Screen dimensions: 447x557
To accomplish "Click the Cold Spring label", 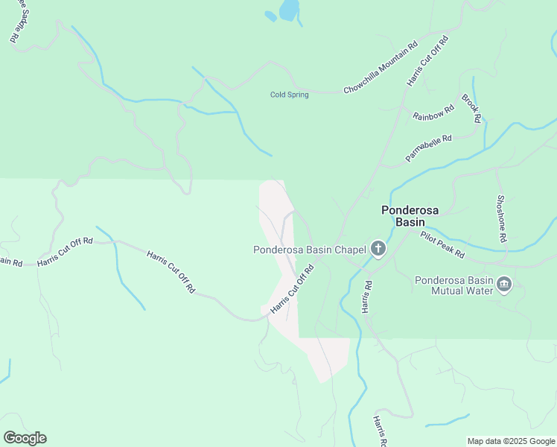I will (289, 95).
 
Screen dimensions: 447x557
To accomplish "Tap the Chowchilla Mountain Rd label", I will (380, 69).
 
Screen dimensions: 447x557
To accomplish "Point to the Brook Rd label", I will (471, 108).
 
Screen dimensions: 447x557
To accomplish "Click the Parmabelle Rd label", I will (429, 148).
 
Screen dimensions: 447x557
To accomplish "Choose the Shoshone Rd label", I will (502, 218).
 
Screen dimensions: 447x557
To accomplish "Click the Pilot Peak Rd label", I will (442, 244).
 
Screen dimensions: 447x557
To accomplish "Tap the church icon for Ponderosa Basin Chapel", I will (378, 249).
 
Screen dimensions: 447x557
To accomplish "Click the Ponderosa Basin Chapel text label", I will (309, 250).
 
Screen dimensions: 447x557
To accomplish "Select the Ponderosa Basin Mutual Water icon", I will (504, 285).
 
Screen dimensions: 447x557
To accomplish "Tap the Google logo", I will (25, 438).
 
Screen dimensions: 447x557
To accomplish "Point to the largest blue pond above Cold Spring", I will (289, 10).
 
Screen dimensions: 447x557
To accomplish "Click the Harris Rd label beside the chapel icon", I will (366, 296).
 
